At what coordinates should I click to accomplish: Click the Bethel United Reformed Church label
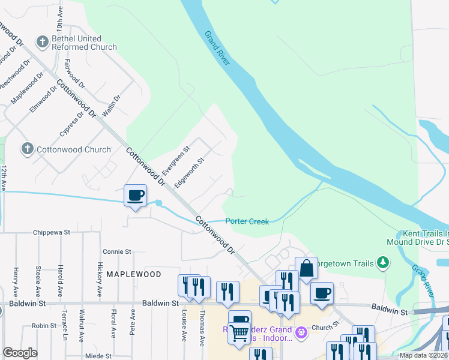[84, 42]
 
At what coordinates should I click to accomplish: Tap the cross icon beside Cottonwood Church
[27, 149]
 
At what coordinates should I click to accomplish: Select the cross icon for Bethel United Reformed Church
[42, 41]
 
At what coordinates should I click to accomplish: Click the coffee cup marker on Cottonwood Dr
[135, 195]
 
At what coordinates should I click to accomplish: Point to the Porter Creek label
[247, 221]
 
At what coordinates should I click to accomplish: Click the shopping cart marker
[240, 332]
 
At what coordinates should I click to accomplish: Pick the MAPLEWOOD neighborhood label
[133, 274]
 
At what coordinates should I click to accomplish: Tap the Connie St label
[116, 251]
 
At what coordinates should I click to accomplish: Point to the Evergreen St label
[176, 158]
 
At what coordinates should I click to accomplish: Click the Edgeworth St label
[189, 172]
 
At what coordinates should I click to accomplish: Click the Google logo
[20, 353]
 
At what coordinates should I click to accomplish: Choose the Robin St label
[44, 326]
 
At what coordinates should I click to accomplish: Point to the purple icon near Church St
[302, 331]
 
